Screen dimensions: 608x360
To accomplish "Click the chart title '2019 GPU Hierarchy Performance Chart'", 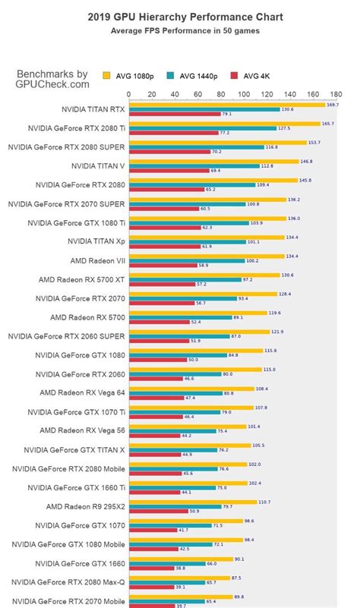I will (x=180, y=16).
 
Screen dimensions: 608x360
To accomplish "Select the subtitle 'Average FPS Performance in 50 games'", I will (x=180, y=31).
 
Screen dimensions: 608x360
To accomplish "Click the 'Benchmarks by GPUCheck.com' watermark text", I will (x=52, y=79).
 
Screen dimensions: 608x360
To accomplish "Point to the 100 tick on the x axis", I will (x=244, y=95).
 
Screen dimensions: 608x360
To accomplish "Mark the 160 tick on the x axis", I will (x=313, y=95).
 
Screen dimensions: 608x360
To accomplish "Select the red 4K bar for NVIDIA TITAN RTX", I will (x=175, y=114).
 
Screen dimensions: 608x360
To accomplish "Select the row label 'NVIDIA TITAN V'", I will (x=97, y=165).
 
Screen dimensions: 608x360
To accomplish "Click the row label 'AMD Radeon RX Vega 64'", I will (x=83, y=393).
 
